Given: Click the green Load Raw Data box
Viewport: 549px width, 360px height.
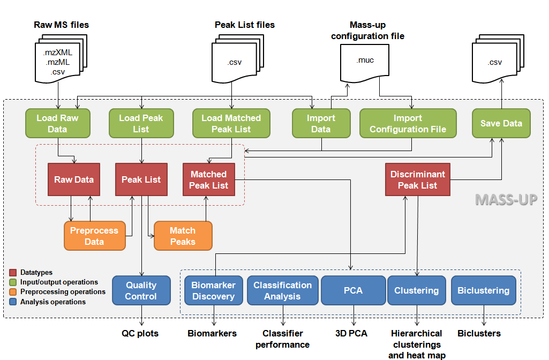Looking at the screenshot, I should [57, 123].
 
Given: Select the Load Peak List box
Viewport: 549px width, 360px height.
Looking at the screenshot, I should [141, 123].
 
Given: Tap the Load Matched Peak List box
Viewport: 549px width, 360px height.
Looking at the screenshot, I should [231, 123].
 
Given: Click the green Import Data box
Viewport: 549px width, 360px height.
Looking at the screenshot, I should [321, 123].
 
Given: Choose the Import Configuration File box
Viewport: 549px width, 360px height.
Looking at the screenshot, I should [408, 123].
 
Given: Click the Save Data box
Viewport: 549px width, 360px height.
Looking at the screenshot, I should [501, 123].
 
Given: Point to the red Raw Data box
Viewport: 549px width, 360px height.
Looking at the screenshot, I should [74, 179].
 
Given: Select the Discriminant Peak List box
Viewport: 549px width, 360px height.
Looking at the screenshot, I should [418, 179].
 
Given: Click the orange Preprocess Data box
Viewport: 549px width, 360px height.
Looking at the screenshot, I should [94, 236].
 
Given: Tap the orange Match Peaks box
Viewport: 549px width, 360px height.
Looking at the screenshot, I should [183, 236].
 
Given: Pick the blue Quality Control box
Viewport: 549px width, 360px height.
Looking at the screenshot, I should [141, 290].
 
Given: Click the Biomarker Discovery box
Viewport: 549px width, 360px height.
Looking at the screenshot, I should [213, 290].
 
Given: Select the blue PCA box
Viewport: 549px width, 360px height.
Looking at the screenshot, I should [353, 290].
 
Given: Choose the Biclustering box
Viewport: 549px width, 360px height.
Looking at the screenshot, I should [483, 290].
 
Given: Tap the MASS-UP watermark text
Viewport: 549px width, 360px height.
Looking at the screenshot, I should [506, 199].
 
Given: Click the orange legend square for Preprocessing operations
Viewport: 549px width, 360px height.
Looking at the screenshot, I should [14, 292].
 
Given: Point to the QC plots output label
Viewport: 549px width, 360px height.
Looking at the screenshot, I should [140, 333].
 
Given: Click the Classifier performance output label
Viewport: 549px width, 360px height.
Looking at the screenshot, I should [282, 339].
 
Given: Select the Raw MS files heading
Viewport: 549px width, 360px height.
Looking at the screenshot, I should [61, 25].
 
